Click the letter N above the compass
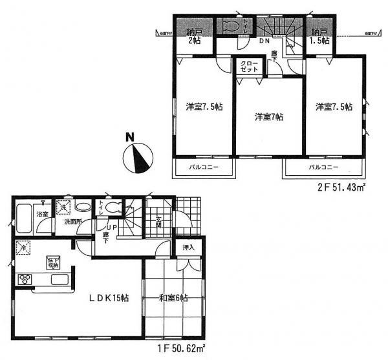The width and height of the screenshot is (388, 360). pyautogui.click(x=130, y=137)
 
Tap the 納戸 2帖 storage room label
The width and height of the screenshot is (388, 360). pyautogui.click(x=195, y=36)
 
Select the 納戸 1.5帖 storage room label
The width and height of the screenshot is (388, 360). pyautogui.click(x=319, y=36)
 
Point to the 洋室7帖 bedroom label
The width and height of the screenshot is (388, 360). pyautogui.click(x=268, y=117)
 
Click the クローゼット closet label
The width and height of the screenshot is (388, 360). pyautogui.click(x=249, y=67)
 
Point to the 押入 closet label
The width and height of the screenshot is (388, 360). pyautogui.click(x=188, y=248)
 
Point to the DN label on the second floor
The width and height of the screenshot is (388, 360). pyautogui.click(x=264, y=41)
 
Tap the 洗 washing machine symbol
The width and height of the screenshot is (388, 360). pyautogui.click(x=63, y=207)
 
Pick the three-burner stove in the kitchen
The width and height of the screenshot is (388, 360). pyautogui.click(x=26, y=279)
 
